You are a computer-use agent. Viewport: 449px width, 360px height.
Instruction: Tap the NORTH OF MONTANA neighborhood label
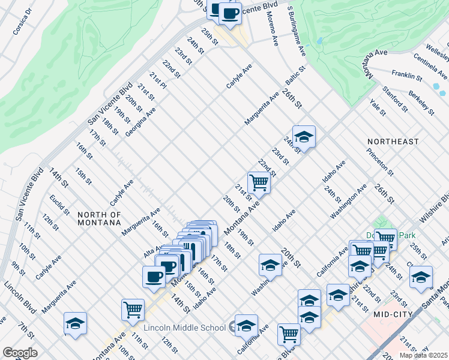point(100,218)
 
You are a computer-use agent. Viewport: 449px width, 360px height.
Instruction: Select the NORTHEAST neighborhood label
point(393,142)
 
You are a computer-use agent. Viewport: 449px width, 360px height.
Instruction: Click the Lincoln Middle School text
point(185,328)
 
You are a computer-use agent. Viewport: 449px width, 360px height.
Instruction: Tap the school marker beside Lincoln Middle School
point(246,326)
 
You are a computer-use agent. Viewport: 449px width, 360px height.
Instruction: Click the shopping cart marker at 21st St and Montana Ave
point(259,182)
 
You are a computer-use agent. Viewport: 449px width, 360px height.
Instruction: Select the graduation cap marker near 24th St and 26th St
point(304,137)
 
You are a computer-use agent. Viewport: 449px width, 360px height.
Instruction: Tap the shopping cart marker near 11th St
point(133,310)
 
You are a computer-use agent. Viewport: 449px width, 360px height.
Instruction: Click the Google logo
point(20,352)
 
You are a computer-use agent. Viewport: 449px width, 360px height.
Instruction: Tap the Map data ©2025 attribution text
point(423,355)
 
